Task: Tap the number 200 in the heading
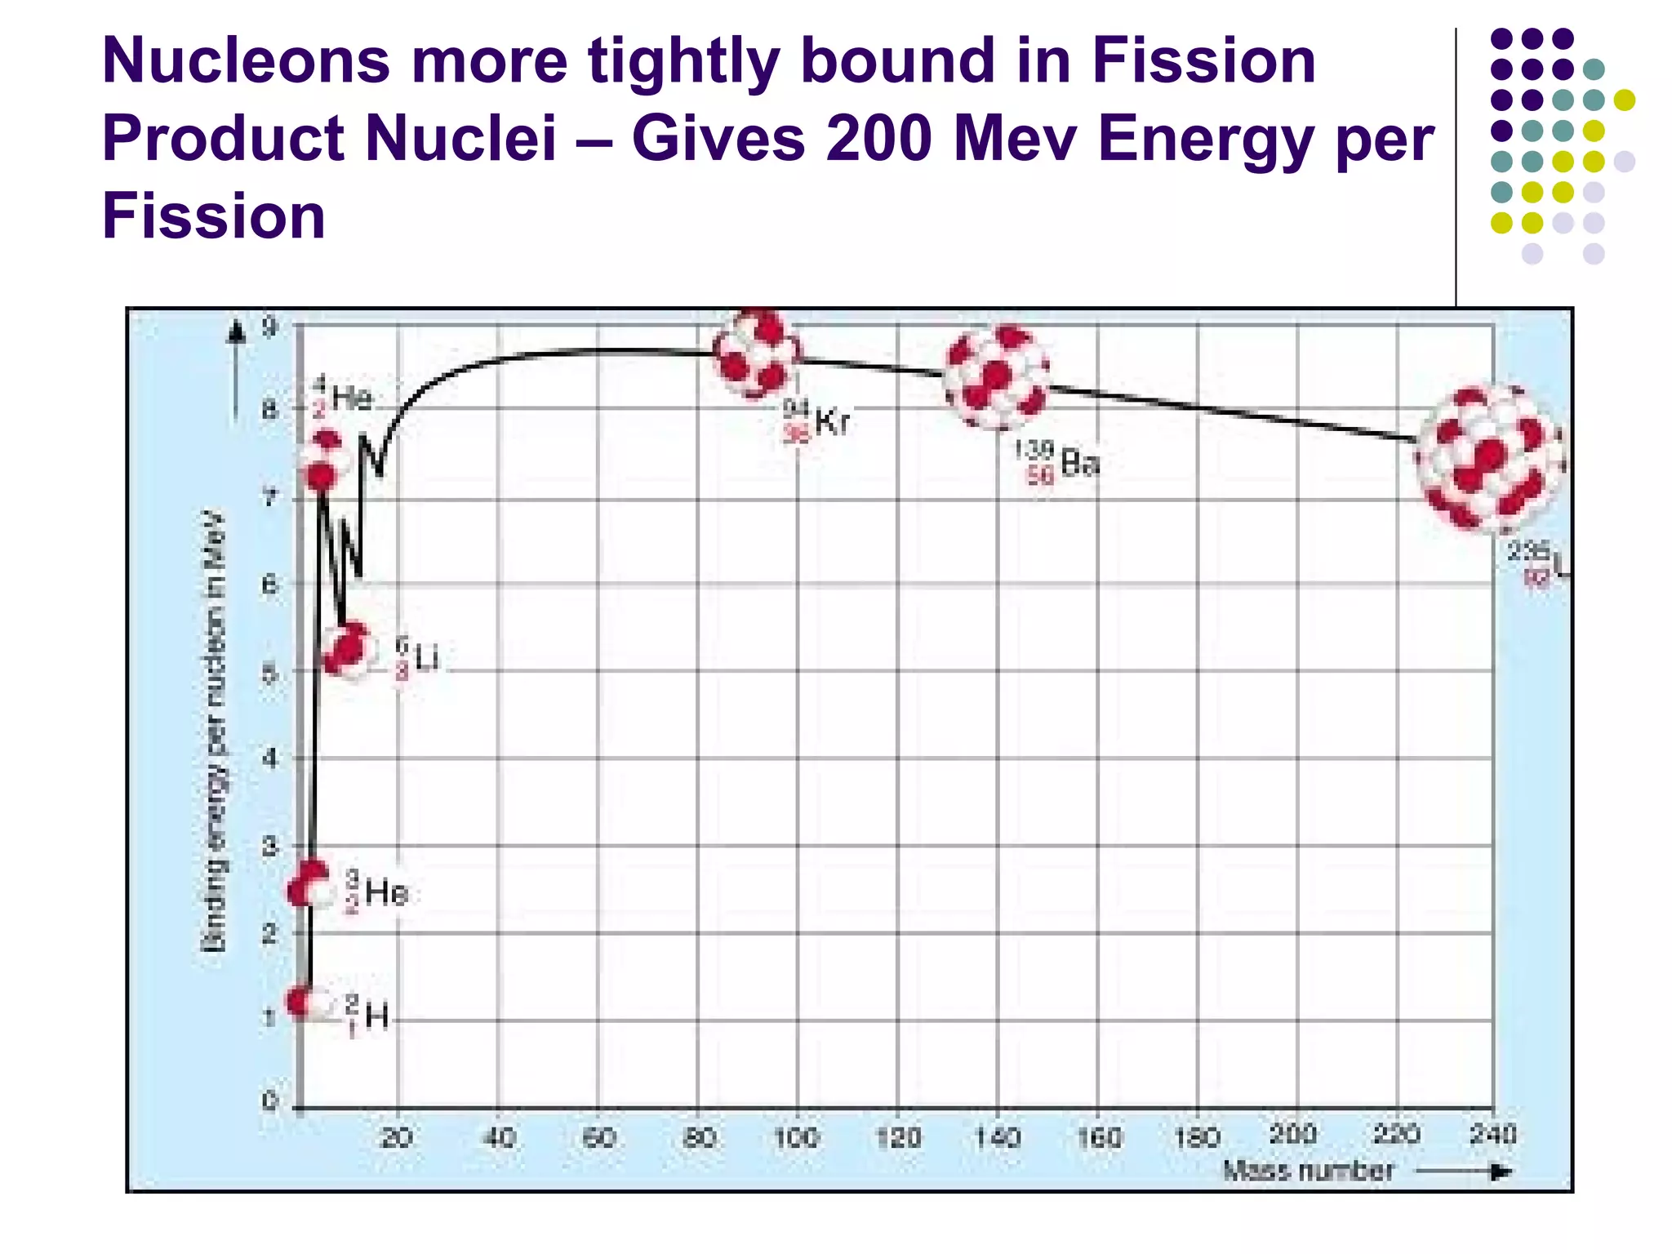pyautogui.click(x=878, y=138)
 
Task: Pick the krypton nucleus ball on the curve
pyautogui.click(x=757, y=354)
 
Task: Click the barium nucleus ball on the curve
pyautogui.click(x=996, y=377)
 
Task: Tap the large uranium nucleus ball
pyautogui.click(x=1489, y=459)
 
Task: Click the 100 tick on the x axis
pyautogui.click(x=797, y=1137)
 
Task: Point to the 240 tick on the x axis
pyautogui.click(x=1493, y=1134)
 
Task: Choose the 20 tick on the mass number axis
pyautogui.click(x=397, y=1137)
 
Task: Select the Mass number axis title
pyautogui.click(x=1308, y=1172)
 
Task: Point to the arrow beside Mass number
pyautogui.click(x=1465, y=1172)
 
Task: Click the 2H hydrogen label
pyautogui.click(x=368, y=1016)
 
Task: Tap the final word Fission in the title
pyautogui.click(x=213, y=216)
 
